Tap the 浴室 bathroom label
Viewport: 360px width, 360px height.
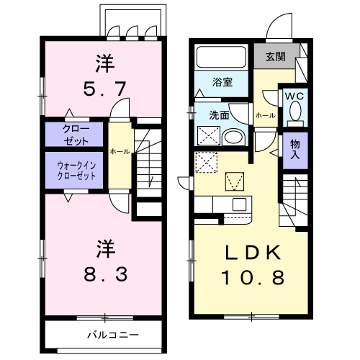pos(221,83)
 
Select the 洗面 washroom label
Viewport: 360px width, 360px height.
pos(219,114)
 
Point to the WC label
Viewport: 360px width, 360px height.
pos(295,95)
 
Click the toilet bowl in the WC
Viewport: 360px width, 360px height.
pos(295,112)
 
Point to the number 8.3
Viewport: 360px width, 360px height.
pos(104,274)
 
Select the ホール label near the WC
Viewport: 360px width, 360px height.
pos(264,115)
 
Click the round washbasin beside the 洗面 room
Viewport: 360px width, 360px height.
pos(233,137)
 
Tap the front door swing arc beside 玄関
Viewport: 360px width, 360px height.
pos(278,30)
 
